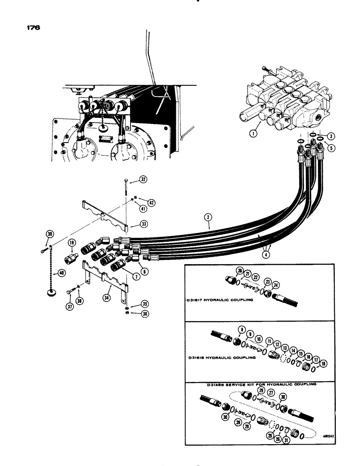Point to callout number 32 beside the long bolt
click(x=143, y=180)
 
